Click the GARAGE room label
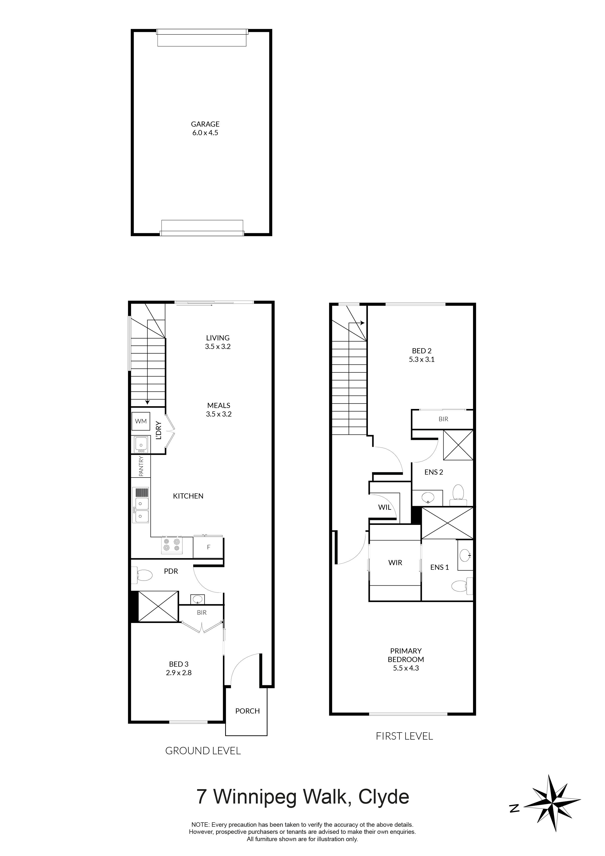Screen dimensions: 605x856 (x=205, y=124)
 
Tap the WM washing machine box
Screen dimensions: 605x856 (x=141, y=421)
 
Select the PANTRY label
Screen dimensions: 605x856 (x=141, y=466)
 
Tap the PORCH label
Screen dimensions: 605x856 (x=248, y=711)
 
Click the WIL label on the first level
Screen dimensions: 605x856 (x=385, y=507)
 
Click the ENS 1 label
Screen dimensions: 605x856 (x=440, y=567)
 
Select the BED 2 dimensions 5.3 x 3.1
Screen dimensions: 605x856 (x=422, y=359)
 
